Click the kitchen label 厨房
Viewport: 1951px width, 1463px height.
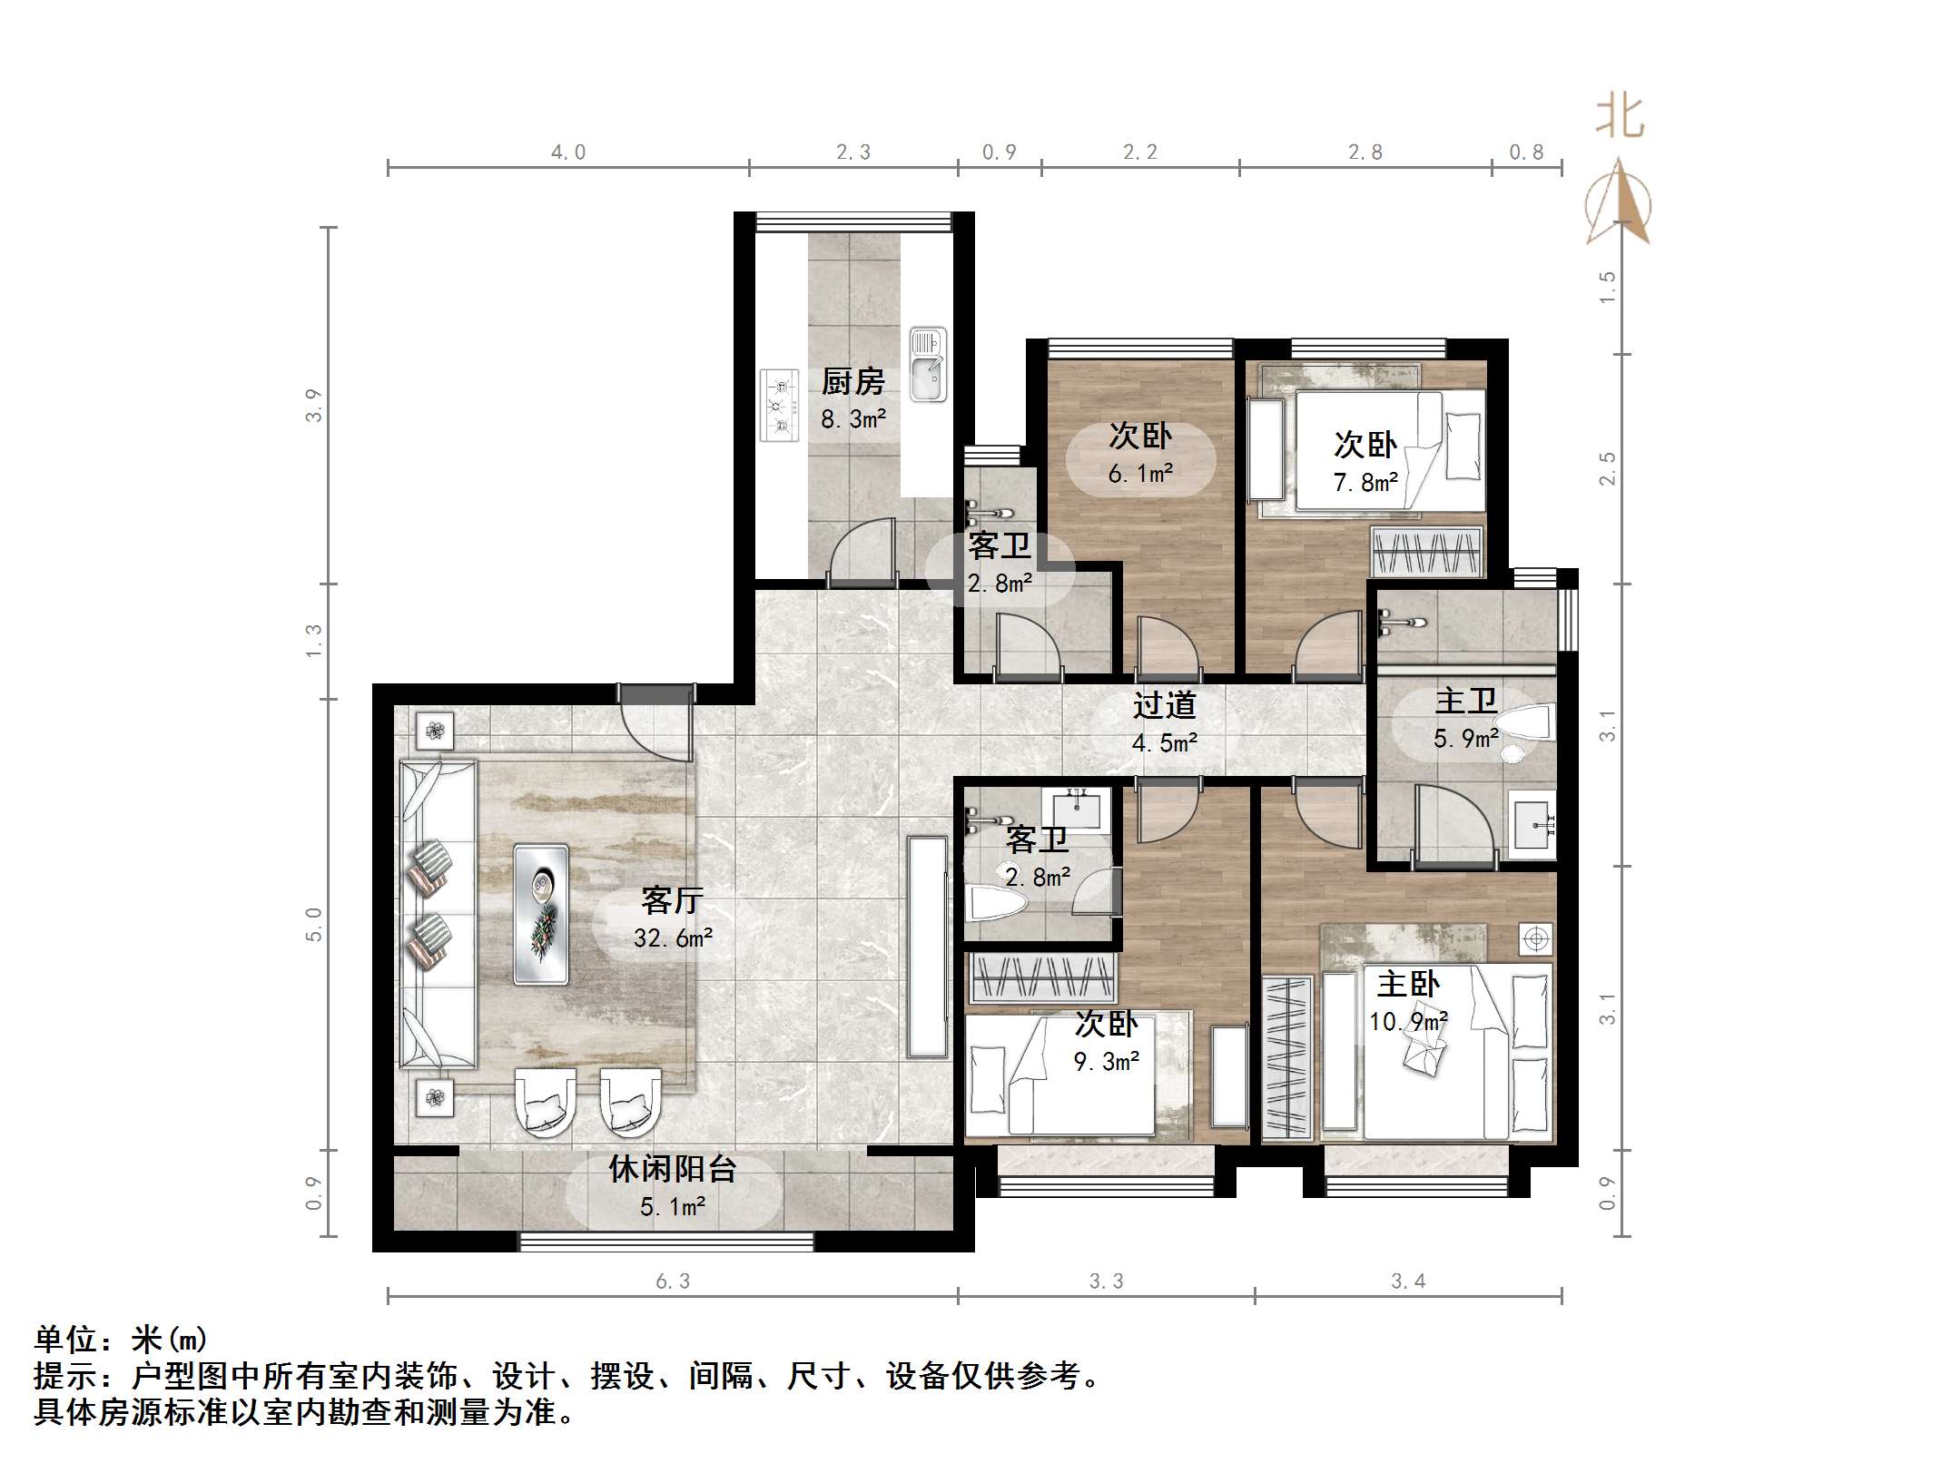pos(852,382)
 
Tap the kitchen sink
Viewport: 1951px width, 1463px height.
pos(928,365)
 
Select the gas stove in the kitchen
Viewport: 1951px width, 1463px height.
pos(779,405)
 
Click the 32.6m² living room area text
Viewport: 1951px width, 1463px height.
pos(673,938)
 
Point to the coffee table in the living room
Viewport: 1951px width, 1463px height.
pos(541,914)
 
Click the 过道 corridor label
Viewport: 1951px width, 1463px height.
pos(1164,705)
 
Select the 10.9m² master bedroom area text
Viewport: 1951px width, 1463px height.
pos(1407,1022)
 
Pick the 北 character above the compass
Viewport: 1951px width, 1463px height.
pos(1620,118)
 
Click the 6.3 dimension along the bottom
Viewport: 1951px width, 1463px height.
pos(673,1281)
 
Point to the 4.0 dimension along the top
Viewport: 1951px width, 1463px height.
pos(568,152)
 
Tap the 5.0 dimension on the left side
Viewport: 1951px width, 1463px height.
pos(313,924)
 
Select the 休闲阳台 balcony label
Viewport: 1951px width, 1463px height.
pos(672,1169)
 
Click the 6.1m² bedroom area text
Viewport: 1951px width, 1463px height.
pos(1140,474)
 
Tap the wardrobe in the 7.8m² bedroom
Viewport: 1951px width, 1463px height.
pos(1427,551)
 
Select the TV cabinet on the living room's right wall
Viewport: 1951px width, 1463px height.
pos(928,947)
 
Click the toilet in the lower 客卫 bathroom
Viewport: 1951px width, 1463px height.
pos(995,903)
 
